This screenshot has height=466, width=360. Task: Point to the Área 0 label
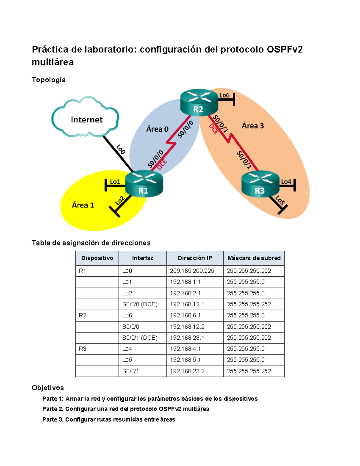(x=157, y=129)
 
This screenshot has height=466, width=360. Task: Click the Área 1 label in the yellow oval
(x=83, y=205)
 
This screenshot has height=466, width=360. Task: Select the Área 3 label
(x=253, y=126)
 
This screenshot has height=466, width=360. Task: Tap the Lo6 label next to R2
(x=224, y=95)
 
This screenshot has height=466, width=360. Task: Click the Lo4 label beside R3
(x=286, y=182)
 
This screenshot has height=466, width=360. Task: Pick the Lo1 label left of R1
(x=115, y=182)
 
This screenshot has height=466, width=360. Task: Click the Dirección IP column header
(x=195, y=258)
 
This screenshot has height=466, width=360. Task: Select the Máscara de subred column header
(x=254, y=258)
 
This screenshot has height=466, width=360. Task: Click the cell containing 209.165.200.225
(x=192, y=271)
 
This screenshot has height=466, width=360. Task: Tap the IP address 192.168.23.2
(x=187, y=371)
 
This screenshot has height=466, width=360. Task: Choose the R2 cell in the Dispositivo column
(x=82, y=315)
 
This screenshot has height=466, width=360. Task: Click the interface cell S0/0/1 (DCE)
(x=140, y=338)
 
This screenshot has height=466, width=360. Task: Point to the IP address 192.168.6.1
(x=185, y=315)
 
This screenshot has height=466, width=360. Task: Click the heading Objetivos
(x=48, y=388)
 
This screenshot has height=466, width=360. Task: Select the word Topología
(x=49, y=80)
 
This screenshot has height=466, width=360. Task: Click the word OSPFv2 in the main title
(x=284, y=50)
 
